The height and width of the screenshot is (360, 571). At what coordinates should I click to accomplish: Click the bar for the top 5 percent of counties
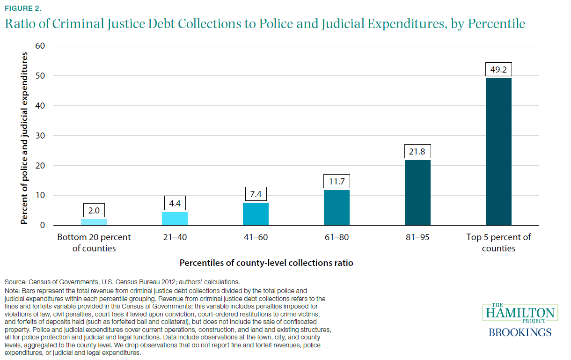tap(498, 152)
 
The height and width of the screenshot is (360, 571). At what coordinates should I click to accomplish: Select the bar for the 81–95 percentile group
tap(417, 192)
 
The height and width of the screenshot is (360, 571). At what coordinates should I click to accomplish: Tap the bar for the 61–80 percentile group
tap(337, 207)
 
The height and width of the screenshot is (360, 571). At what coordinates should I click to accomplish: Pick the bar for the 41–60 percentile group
tap(256, 214)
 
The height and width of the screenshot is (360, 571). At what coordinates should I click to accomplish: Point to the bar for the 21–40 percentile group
tap(175, 219)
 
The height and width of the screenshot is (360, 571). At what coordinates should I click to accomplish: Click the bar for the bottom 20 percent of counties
tap(94, 222)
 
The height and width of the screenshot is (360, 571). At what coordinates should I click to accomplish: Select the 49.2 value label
tap(498, 70)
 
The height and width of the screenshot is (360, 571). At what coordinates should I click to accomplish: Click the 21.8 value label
tap(417, 152)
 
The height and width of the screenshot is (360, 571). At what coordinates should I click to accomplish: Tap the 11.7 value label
tap(337, 182)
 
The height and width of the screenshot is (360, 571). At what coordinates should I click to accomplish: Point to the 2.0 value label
tap(94, 211)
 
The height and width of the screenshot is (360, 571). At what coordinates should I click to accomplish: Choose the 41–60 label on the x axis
tap(256, 237)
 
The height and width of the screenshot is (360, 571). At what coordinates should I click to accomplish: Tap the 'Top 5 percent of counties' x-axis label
tap(498, 242)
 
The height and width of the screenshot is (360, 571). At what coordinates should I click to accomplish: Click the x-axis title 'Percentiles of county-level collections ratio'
tap(266, 263)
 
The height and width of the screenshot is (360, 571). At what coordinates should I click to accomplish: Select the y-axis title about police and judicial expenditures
tap(24, 138)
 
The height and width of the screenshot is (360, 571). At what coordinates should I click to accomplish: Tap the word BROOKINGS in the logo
tap(520, 333)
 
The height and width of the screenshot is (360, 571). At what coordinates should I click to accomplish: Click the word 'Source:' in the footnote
tap(15, 282)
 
